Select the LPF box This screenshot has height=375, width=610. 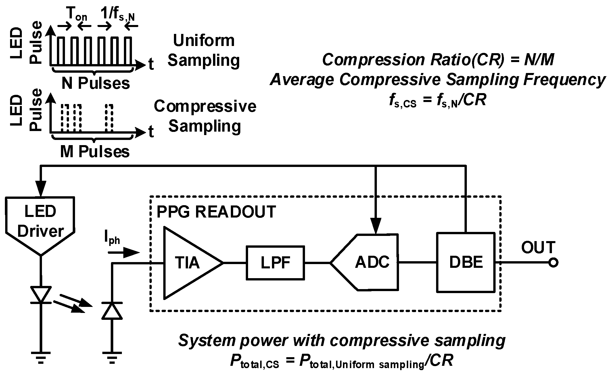(x=275, y=263)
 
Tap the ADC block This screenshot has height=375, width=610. (x=371, y=262)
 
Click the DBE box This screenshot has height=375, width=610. (x=466, y=262)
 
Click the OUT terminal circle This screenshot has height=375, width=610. (x=553, y=263)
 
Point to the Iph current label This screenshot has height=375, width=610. (x=112, y=239)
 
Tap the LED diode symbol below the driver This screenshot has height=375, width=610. (x=41, y=295)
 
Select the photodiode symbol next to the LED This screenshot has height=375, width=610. (x=112, y=310)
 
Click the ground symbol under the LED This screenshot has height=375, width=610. (x=41, y=357)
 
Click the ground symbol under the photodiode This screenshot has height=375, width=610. (x=112, y=357)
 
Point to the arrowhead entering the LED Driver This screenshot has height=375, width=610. (x=41, y=190)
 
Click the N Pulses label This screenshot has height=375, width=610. (x=96, y=84)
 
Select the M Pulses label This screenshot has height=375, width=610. (x=95, y=152)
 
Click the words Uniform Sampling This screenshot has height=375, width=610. (x=204, y=50)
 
